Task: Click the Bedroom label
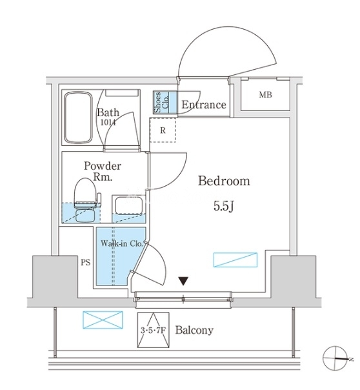coord(224,181)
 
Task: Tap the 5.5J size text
coord(224,206)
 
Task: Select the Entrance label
coord(204,105)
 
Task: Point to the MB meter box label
coord(265,95)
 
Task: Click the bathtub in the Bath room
coord(78,118)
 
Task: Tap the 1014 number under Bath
coord(108,123)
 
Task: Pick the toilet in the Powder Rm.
coord(85,200)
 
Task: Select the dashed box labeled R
coord(163,130)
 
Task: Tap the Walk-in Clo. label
coord(122,243)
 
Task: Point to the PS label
coord(85,263)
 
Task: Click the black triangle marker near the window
coord(183,282)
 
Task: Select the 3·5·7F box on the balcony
coord(154,330)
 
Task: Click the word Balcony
coord(194,331)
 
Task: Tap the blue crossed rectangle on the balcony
coord(103,320)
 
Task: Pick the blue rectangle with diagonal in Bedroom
coord(235,260)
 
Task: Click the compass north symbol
coord(335,358)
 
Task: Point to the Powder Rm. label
coord(103,171)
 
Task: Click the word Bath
coord(108,112)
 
